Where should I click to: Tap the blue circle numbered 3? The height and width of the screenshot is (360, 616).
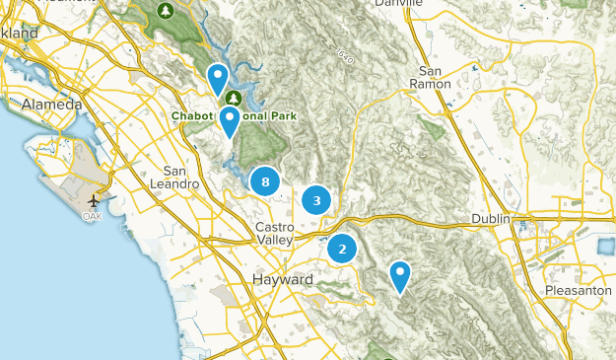pyautogui.click(x=316, y=201)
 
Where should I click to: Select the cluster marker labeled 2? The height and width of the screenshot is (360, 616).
pyautogui.click(x=342, y=249)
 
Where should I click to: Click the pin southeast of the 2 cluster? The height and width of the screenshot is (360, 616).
pyautogui.click(x=400, y=275)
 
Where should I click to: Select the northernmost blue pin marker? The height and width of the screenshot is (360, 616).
pyautogui.click(x=218, y=78)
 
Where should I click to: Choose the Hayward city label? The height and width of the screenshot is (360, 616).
pyautogui.click(x=283, y=280)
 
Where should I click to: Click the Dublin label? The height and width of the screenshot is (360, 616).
pyautogui.click(x=490, y=218)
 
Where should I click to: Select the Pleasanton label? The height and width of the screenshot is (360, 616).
pyautogui.click(x=578, y=291)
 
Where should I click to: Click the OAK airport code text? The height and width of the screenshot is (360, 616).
pyautogui.click(x=93, y=216)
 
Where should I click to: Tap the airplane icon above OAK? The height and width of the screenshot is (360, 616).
pyautogui.click(x=103, y=195)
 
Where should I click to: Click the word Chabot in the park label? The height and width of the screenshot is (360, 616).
pyautogui.click(x=194, y=115)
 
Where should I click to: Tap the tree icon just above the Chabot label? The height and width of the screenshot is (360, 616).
pyautogui.click(x=234, y=98)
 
